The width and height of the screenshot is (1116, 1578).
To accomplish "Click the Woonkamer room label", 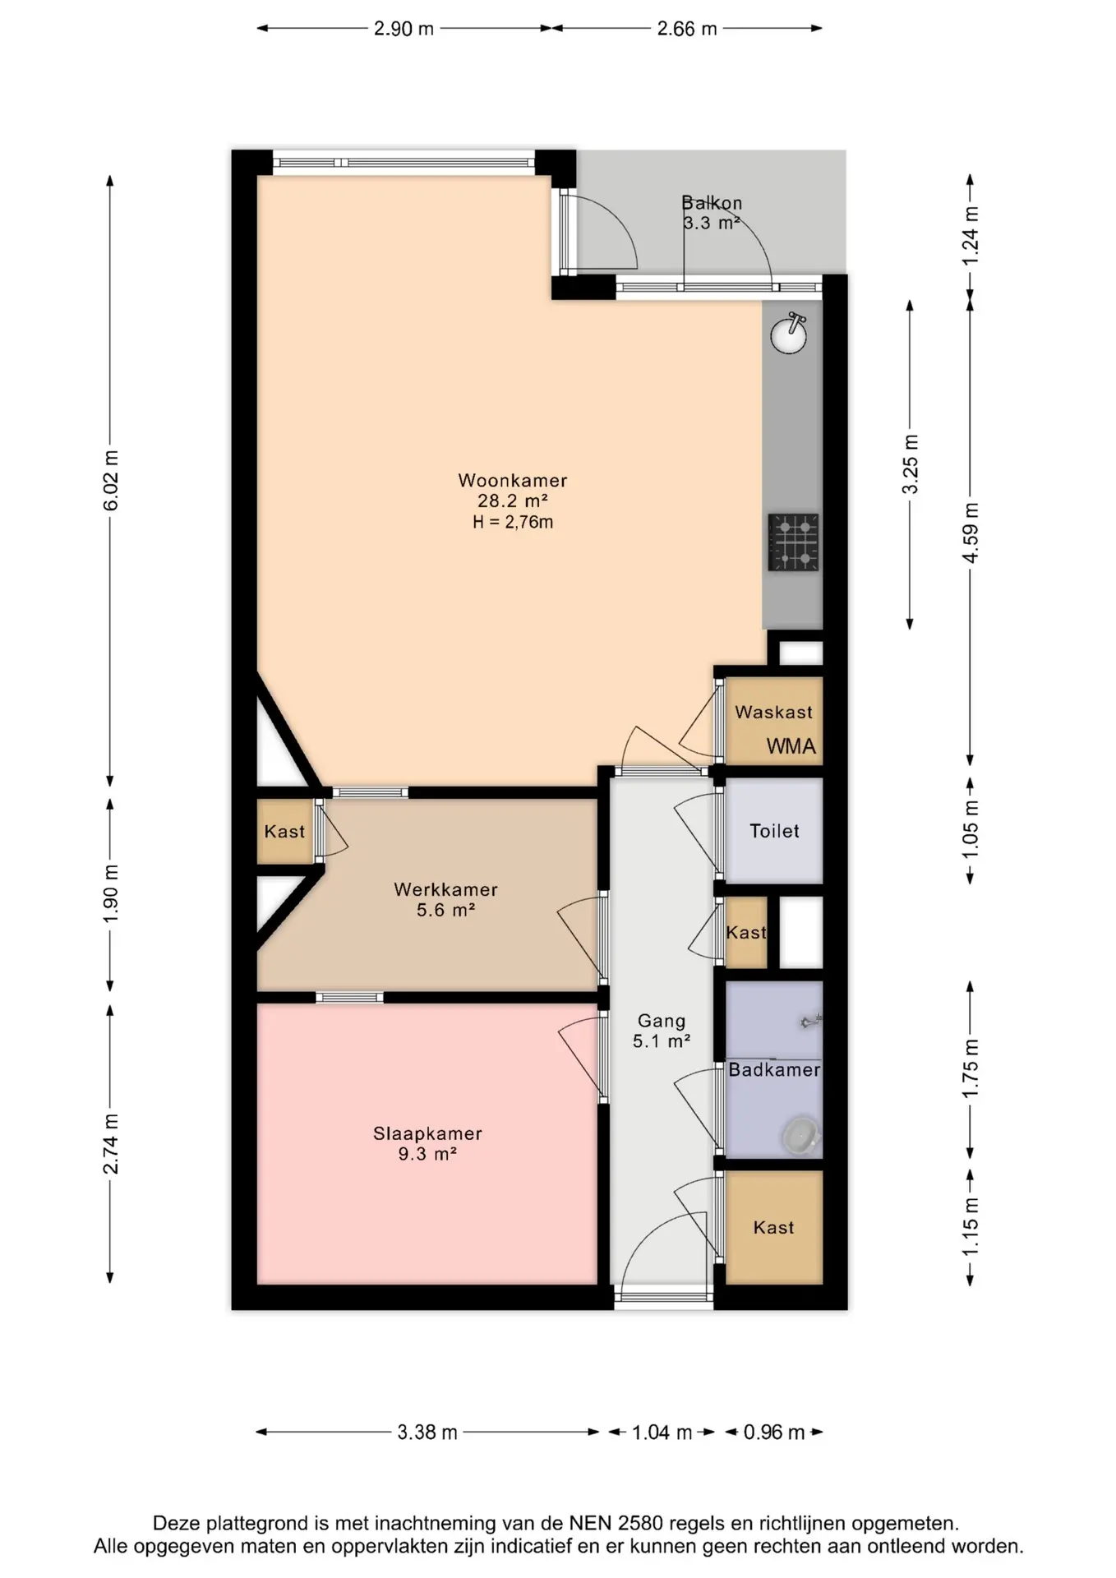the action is coord(513,480).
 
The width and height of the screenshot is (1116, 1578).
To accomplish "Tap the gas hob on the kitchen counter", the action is coord(793,542).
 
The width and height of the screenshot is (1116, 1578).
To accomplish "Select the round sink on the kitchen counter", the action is coord(789,333).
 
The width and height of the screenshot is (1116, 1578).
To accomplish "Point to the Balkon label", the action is coord(712,202).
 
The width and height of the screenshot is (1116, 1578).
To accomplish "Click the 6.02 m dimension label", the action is coord(111,480).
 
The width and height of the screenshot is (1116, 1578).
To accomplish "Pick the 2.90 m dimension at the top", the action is coord(404,29).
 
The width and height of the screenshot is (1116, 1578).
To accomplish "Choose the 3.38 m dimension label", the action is coord(427,1433).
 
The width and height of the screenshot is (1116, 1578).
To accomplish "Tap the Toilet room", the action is coord(774,831).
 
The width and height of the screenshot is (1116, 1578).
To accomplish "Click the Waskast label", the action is coord(773,712).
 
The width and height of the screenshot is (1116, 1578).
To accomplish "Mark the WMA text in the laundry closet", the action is coord(791,746).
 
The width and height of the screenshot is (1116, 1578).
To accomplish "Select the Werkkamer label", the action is coord(445,889).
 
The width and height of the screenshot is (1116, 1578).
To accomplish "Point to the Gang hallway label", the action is coord(662,1021).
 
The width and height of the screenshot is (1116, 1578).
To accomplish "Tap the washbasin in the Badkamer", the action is coord(800,1135).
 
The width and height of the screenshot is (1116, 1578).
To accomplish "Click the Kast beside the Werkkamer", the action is coord(284,831).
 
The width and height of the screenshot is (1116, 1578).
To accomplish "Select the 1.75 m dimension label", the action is coord(971,1068).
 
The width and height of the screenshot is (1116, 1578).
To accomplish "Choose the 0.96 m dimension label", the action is coord(774,1433).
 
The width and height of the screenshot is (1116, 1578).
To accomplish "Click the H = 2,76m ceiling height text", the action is coord(513,522).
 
